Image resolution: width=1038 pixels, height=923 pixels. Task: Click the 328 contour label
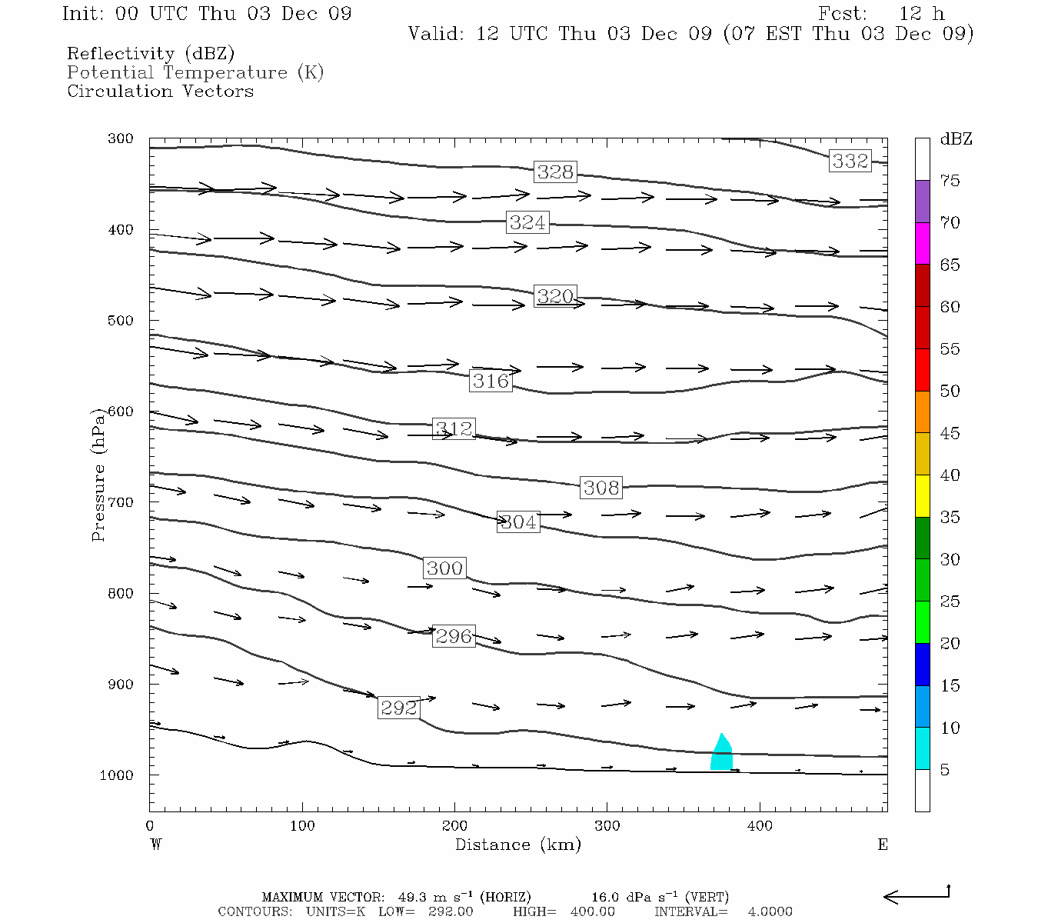pos(555,172)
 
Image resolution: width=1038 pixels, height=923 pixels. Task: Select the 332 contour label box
pos(850,161)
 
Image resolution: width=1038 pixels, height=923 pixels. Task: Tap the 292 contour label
pos(399,708)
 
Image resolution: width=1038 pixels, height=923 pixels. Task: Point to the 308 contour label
pos(601,488)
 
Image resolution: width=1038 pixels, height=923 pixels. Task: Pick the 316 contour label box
pos(491,381)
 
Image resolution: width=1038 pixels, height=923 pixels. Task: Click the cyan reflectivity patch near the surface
pos(721,755)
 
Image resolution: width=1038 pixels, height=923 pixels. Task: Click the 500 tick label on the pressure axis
pos(121,321)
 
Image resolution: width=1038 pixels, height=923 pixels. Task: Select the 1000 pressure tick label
pos(117,775)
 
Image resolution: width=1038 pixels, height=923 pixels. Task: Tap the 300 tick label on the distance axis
pos(607,826)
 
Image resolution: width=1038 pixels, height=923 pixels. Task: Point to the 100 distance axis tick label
pos(302,826)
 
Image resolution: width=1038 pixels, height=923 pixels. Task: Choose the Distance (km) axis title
pos(517,845)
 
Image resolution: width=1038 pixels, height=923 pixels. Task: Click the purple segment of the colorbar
pos(923,202)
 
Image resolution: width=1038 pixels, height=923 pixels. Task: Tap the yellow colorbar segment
pos(923,496)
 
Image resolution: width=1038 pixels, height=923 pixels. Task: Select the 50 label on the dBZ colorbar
pos(950,392)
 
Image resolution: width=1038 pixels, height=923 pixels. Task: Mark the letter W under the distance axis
pos(155,845)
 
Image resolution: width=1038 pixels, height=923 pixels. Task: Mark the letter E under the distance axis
pos(883,845)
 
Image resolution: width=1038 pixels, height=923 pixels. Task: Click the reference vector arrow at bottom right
pos(917,896)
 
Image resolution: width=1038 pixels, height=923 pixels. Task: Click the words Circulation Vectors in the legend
pos(160,92)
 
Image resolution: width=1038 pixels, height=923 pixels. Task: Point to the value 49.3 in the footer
pos(413,898)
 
